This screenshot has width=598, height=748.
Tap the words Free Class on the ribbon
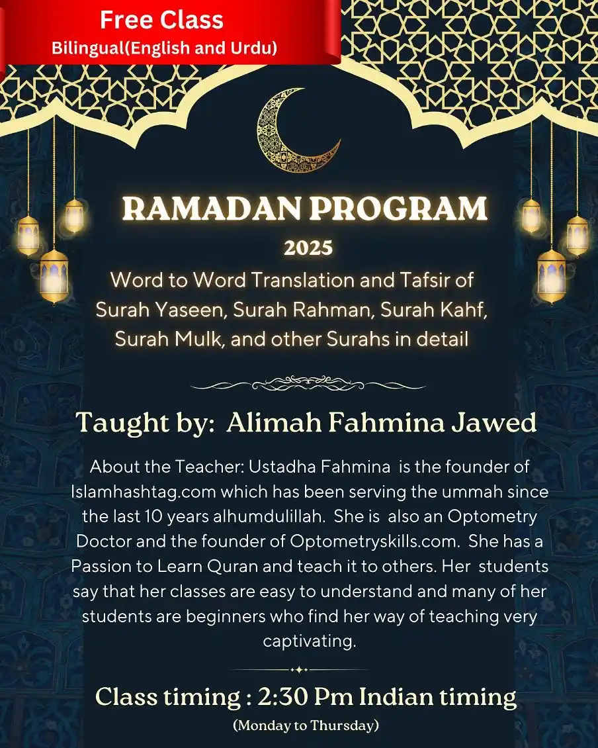(161, 21)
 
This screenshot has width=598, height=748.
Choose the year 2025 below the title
(308, 249)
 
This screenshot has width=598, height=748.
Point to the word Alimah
(264, 423)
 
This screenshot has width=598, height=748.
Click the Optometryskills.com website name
(374, 540)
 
